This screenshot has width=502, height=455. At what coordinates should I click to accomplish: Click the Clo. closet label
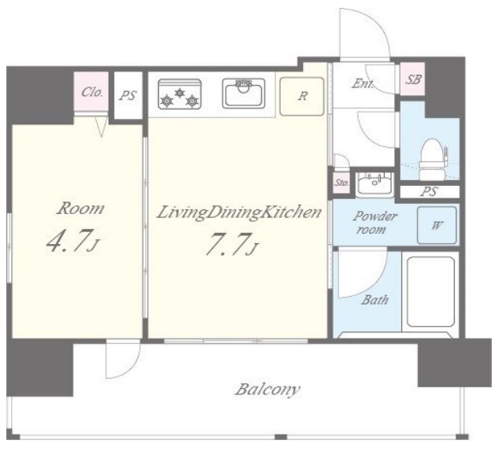[x=92, y=92]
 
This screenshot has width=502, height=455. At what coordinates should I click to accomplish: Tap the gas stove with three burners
[x=179, y=94]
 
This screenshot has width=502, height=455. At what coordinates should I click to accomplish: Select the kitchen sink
[x=244, y=93]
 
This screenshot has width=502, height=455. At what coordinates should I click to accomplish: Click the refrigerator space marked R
[x=302, y=96]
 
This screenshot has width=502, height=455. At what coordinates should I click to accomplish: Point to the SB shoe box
[x=413, y=79]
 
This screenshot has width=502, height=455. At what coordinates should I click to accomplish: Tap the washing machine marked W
[x=437, y=225]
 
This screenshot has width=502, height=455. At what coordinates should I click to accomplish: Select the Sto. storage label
[x=341, y=183]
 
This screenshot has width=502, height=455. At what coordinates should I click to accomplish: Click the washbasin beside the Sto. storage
[x=375, y=183]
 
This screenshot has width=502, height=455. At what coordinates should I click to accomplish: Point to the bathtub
[x=430, y=292]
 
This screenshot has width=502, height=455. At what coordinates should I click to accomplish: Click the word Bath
[x=375, y=300]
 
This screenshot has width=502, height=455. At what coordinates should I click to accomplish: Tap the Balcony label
[x=268, y=390]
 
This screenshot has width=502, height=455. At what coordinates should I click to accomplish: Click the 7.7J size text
[x=232, y=244]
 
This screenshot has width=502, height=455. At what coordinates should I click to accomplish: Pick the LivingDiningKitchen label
[x=239, y=213]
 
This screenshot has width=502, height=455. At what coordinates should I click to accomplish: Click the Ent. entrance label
[x=363, y=84]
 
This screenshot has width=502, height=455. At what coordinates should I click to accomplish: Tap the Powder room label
[x=374, y=223]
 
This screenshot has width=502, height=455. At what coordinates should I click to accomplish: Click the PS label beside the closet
[x=128, y=95]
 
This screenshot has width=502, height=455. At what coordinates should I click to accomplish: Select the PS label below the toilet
[x=429, y=191]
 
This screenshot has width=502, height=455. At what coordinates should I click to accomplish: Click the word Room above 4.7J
[x=81, y=209]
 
